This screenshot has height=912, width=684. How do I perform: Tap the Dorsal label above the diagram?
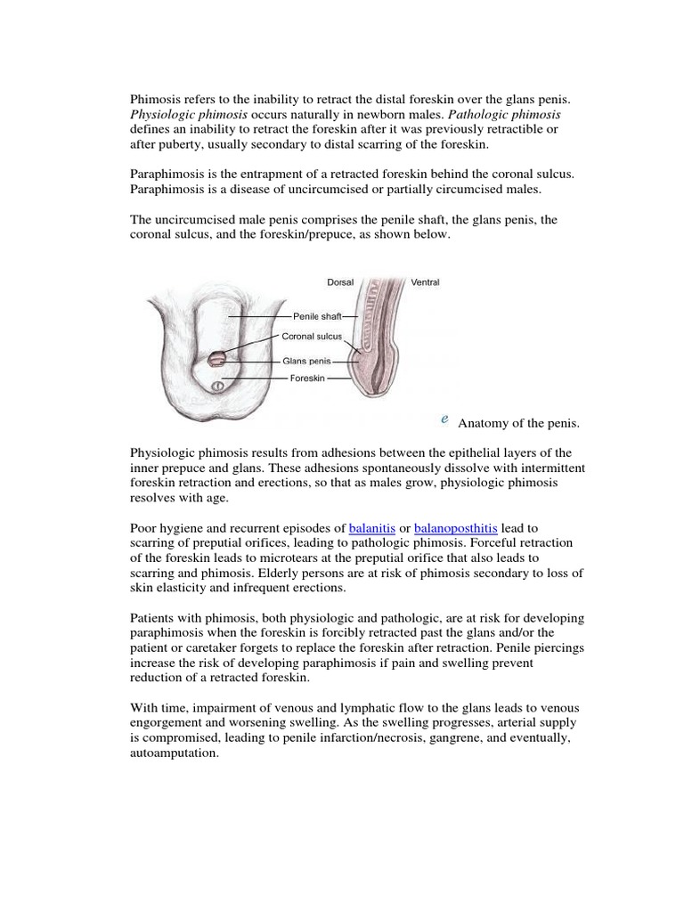point(340,282)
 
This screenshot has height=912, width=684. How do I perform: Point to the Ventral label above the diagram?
point(425,282)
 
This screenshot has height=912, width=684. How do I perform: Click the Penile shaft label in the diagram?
point(316,315)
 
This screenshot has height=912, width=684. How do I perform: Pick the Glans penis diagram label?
point(306,362)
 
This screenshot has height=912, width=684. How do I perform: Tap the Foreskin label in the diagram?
point(308,379)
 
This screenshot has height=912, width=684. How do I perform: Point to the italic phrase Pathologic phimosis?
point(504,116)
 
